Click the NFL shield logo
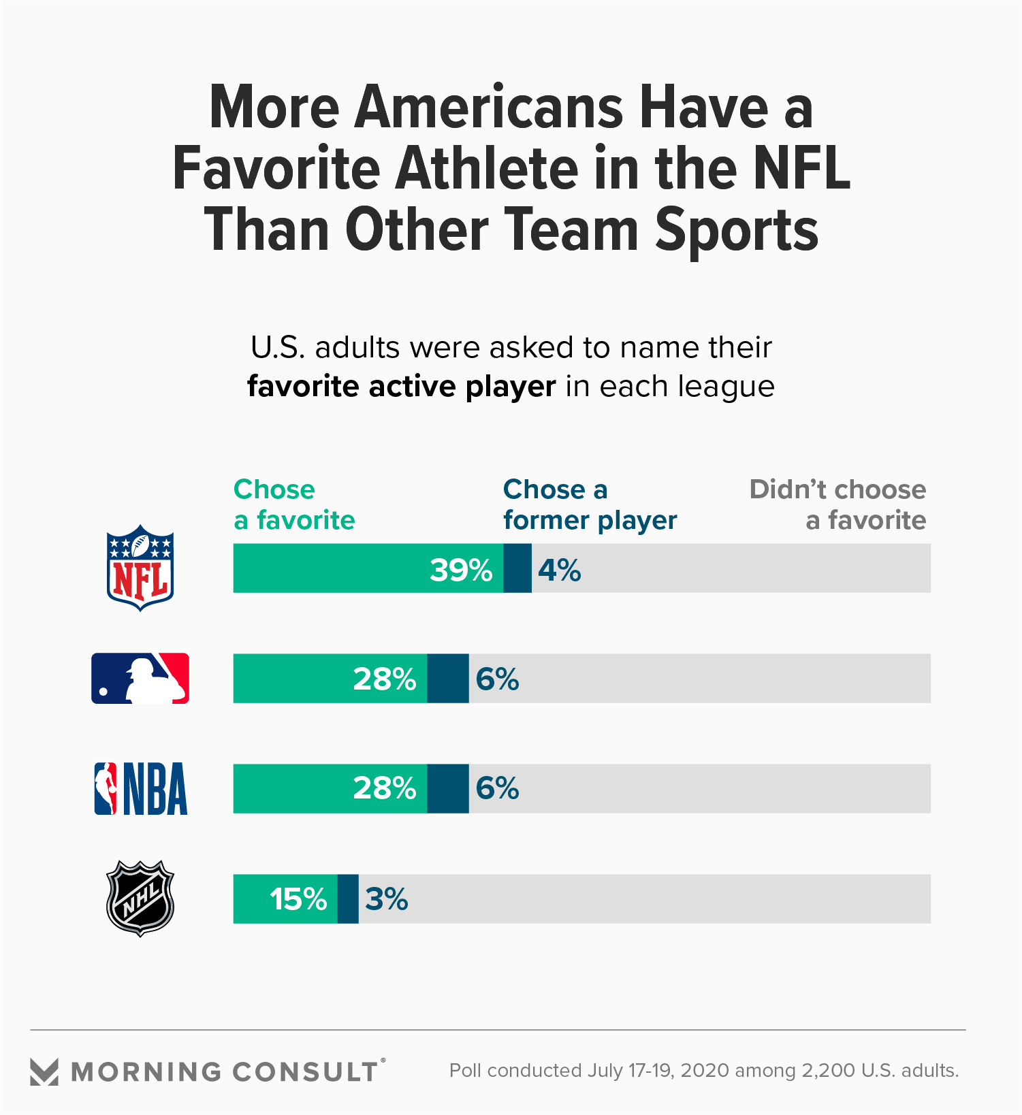[x=140, y=568]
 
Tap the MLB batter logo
[x=140, y=679]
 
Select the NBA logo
[x=140, y=789]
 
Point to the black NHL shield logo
[x=140, y=899]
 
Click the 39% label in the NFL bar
[x=461, y=570]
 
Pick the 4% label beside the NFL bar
[x=559, y=570]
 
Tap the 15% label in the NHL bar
[x=298, y=899]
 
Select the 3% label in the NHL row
[x=386, y=899]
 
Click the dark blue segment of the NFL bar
[x=517, y=568]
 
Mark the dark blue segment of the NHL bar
[x=348, y=899]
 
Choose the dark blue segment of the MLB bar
[x=448, y=679]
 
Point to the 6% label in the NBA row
[x=497, y=788]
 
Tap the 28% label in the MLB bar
[x=385, y=679]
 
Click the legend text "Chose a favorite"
[x=294, y=504]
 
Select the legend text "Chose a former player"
[x=590, y=504]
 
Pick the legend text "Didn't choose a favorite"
[x=837, y=504]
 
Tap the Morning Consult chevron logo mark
[x=45, y=1071]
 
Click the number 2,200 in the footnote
[x=828, y=1071]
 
